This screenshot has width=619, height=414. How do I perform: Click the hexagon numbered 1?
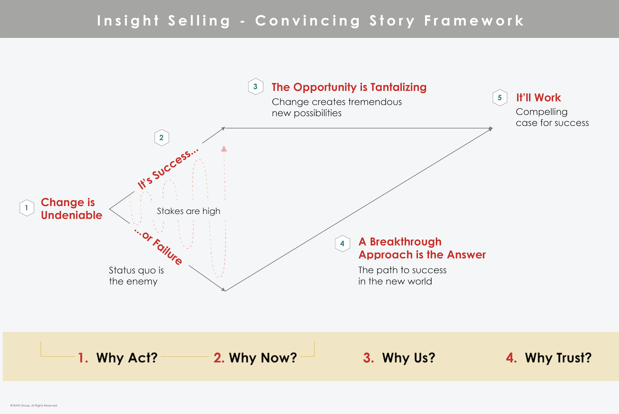pos(27,208)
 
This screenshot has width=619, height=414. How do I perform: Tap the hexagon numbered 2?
pos(162,138)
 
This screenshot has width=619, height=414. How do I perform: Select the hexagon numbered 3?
pos(256,86)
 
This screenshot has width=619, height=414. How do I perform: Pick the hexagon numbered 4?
pos(343,243)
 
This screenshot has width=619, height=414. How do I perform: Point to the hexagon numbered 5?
pos(500,98)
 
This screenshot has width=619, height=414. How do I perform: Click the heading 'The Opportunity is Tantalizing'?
pos(349,87)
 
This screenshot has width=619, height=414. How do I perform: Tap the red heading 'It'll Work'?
pos(539,98)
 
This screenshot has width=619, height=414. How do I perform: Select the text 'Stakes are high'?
pos(189,211)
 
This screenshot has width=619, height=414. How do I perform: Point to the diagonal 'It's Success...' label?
pos(168,168)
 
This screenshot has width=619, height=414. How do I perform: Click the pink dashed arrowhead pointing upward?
pos(224,149)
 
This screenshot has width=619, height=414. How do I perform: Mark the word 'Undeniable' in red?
pos(72,215)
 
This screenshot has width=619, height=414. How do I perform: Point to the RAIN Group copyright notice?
pos(34,405)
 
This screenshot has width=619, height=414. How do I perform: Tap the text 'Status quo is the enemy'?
pos(137,276)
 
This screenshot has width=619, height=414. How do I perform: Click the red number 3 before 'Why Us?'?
pos(368,358)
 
